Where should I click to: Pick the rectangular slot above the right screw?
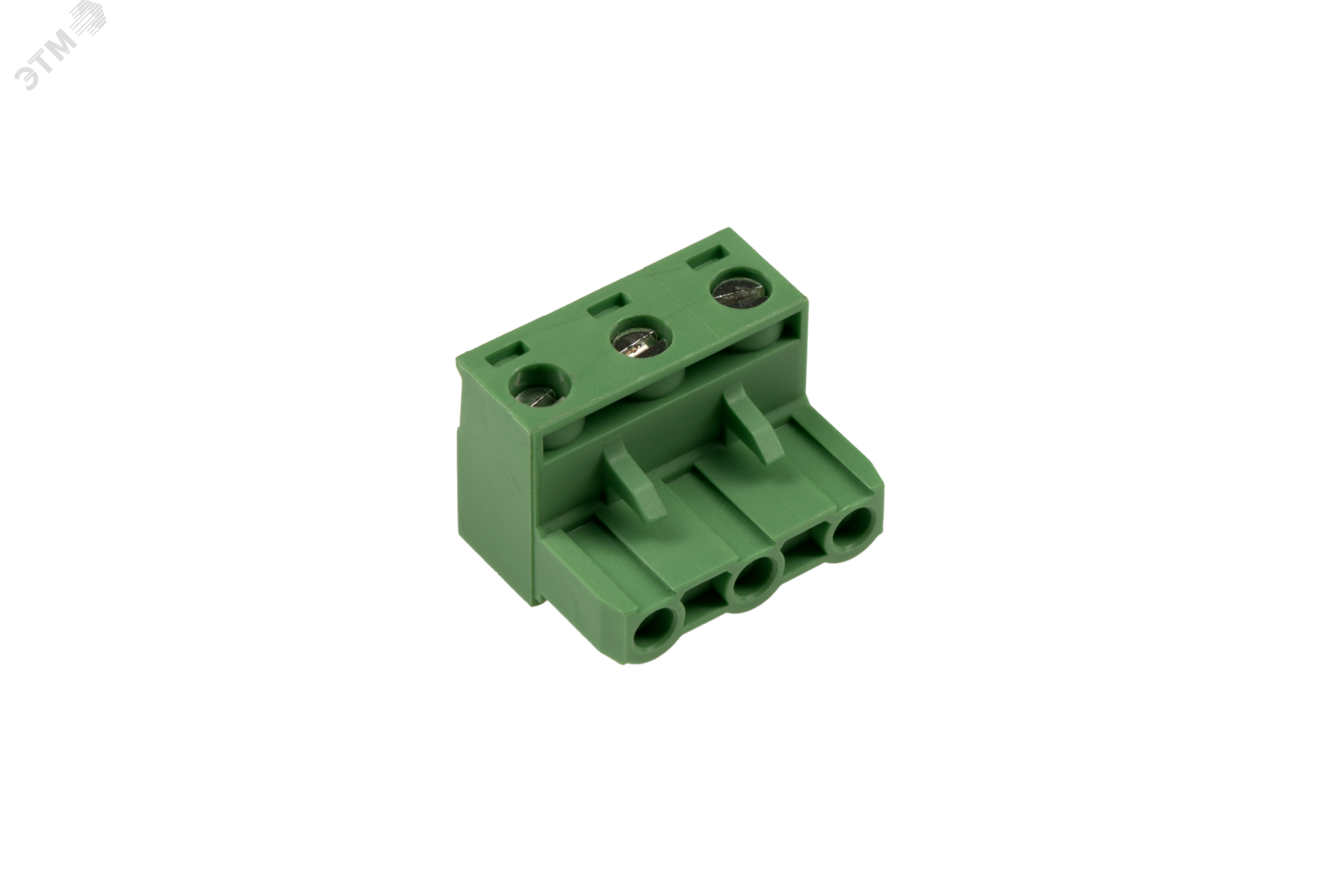(708, 256)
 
